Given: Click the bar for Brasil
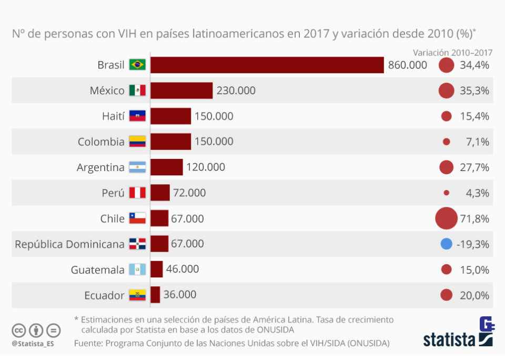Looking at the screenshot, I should tap(267, 65).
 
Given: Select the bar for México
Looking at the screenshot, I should tap(181, 91).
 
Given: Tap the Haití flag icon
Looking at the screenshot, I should tap(138, 116).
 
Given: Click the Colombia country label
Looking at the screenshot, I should tap(101, 142).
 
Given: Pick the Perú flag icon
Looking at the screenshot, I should tap(138, 193).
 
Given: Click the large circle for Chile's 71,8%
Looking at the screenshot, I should tap(447, 218).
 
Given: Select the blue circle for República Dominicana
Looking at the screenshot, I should tap(446, 244).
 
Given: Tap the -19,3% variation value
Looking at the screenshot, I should tap(473, 244).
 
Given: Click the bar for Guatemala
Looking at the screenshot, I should tap(157, 269).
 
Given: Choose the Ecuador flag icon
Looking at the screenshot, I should tap(138, 295).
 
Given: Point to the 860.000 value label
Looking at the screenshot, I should tap(408, 65).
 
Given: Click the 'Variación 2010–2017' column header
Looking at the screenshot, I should tap(452, 52).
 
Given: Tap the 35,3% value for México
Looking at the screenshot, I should tap(474, 91).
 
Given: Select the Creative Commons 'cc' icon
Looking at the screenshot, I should tap(19, 331).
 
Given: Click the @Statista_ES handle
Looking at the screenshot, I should tap(33, 344).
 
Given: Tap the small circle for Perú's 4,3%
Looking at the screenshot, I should tap(447, 193).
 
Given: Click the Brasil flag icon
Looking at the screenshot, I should tap(138, 65).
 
